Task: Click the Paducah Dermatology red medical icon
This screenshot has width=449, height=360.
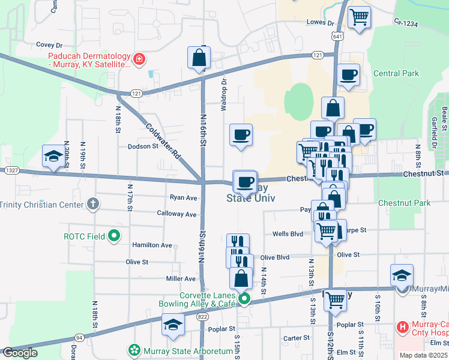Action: (139, 59)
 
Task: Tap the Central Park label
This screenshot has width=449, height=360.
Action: (396, 73)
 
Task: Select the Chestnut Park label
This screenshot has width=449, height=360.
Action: (404, 203)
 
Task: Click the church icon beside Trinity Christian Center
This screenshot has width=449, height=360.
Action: (92, 204)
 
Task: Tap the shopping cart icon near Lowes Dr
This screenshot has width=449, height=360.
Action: (359, 17)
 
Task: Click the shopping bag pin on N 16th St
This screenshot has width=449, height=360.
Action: (199, 59)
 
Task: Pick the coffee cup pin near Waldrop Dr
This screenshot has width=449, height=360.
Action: (241, 135)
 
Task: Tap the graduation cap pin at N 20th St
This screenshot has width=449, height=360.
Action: (53, 157)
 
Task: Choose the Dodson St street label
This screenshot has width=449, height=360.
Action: (142, 146)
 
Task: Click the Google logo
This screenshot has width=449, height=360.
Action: (20, 353)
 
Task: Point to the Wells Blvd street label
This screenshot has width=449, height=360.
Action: (288, 234)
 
